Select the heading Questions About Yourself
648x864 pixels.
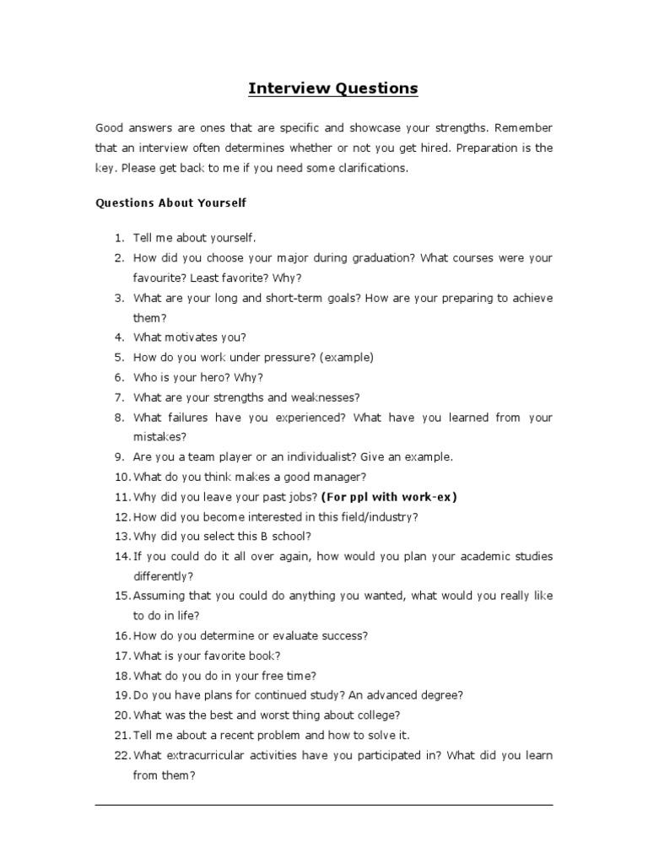[x=171, y=203]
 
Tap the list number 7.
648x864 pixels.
[x=120, y=397]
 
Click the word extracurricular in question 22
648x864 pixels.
[x=199, y=755]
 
